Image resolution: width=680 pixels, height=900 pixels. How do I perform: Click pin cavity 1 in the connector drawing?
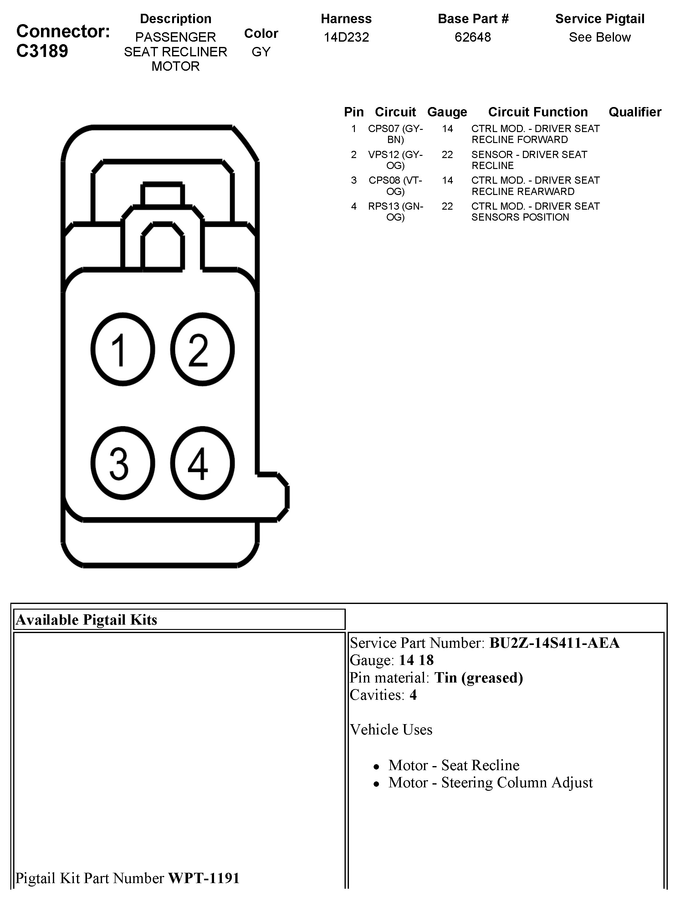(122, 349)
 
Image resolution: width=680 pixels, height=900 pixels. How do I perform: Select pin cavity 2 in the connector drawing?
(202, 349)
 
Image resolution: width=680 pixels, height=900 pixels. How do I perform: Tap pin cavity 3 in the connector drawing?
(122, 463)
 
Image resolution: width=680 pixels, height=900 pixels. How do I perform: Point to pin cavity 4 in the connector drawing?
(202, 463)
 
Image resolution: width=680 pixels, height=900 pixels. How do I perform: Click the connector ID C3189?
(42, 51)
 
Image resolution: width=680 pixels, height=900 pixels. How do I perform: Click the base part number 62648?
(473, 37)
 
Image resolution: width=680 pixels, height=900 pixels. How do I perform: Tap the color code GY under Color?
(261, 52)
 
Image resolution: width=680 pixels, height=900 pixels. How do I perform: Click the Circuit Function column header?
(538, 112)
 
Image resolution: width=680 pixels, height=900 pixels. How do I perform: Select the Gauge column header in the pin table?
(447, 112)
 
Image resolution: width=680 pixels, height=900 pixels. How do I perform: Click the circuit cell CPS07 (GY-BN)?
(395, 134)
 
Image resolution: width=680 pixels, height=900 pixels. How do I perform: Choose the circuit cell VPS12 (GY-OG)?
(395, 160)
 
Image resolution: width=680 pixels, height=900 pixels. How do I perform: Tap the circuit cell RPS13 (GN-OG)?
(395, 212)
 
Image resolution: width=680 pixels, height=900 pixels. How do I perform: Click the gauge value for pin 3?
(447, 180)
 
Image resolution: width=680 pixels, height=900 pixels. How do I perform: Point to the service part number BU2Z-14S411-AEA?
(554, 643)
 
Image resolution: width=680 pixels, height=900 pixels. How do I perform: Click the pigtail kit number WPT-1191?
(204, 878)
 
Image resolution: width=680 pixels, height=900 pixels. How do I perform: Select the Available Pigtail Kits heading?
(86, 620)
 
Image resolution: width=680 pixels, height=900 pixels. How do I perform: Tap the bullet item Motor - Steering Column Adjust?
(490, 782)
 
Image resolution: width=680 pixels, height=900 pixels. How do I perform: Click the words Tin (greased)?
(478, 678)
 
